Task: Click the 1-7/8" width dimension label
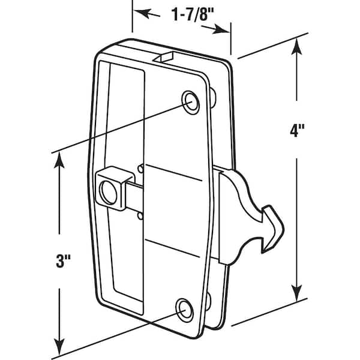click(193, 14)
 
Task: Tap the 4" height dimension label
click(297, 131)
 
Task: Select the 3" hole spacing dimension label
click(63, 261)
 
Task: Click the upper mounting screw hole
click(191, 103)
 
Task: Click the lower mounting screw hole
click(185, 310)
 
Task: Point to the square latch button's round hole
click(109, 193)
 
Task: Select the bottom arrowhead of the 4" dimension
click(297, 293)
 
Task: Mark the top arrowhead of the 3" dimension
click(59, 160)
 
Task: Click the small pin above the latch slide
click(140, 169)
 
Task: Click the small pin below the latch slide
click(140, 216)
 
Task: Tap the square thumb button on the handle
click(115, 188)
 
